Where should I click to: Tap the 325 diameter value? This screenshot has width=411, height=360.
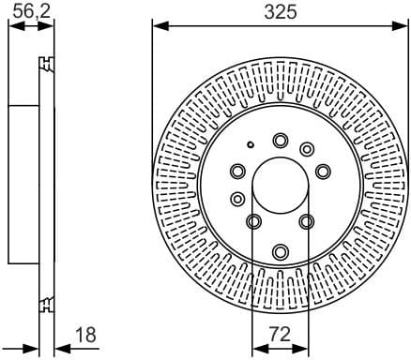click(x=280, y=11)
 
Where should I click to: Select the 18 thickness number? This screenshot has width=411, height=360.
click(x=84, y=335)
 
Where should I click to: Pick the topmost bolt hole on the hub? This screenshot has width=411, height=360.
click(x=280, y=141)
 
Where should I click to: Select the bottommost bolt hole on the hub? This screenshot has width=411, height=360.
click(x=281, y=251)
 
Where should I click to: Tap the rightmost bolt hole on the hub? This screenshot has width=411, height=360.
click(x=323, y=171)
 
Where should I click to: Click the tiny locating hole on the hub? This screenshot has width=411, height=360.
click(x=251, y=144)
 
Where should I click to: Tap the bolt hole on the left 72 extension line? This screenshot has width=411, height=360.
click(x=254, y=221)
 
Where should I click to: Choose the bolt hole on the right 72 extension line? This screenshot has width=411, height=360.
click(x=306, y=221)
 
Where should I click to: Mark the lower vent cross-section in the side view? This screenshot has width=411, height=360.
click(x=44, y=303)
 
